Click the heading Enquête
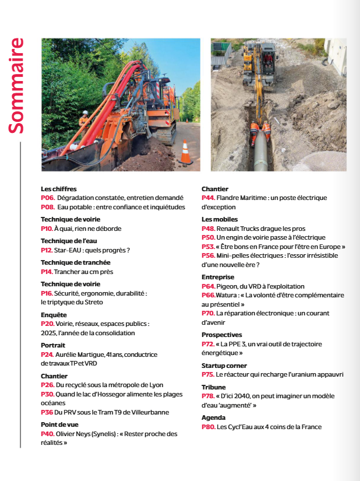[54, 315]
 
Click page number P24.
[48, 354]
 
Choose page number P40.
[48, 434]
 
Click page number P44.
[209, 198]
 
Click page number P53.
[209, 247]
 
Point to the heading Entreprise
[218, 277]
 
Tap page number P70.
[209, 313]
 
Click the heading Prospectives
[221, 335]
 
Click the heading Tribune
[214, 387]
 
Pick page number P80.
[209, 427]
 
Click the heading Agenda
[213, 417]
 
